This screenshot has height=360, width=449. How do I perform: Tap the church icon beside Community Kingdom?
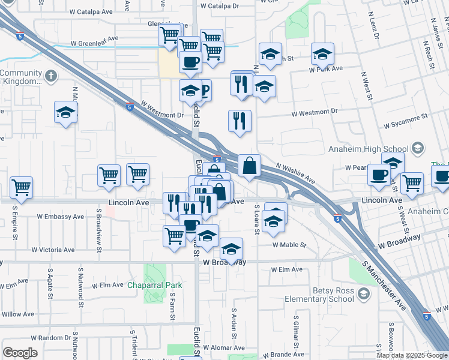51,76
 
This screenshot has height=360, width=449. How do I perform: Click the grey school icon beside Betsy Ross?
363,293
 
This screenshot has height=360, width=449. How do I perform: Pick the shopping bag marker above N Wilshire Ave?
249,165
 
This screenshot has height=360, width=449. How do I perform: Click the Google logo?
20,353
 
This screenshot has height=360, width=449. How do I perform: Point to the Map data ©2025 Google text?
411,355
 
